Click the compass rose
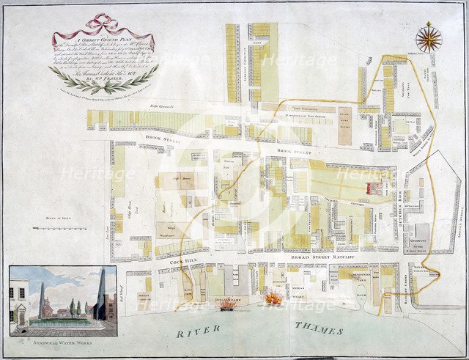(429, 37)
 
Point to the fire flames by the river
(273, 298)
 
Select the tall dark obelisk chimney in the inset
(101, 293)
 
